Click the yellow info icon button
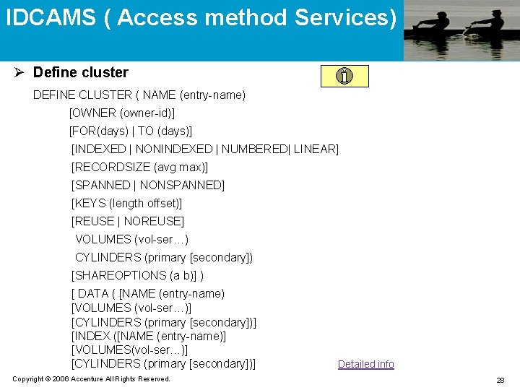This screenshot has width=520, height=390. [344, 76]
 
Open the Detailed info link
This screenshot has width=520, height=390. [366, 364]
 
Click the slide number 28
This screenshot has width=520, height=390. [500, 380]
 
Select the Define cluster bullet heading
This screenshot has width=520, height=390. [80, 72]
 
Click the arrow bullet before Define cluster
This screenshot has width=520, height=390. [20, 72]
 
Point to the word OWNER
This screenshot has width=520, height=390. [95, 113]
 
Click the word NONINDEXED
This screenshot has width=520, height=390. [173, 149]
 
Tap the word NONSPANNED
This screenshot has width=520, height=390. [181, 186]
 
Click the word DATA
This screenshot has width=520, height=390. [93, 294]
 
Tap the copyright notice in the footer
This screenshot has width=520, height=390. [92, 379]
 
